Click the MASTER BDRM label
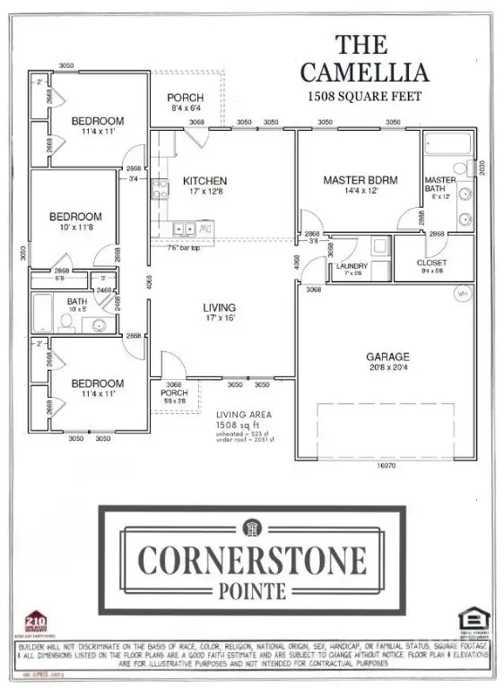360,180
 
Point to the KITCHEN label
204,180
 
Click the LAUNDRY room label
352,266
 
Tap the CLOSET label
433,262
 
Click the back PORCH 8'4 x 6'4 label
186,98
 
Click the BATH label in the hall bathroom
77,302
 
